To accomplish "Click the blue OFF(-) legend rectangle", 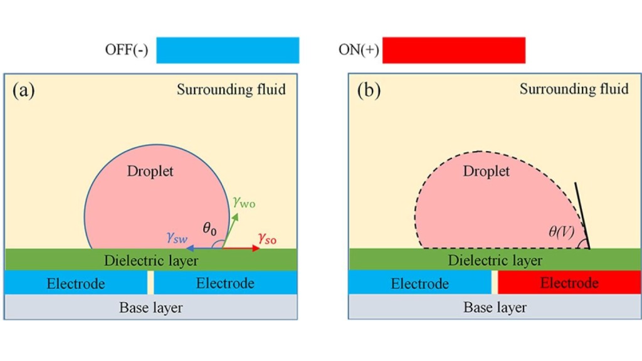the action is [228, 50].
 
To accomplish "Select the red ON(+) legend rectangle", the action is [454, 50].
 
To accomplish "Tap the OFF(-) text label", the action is [127, 50].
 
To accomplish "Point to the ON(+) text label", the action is [359, 50].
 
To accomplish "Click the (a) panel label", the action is [23, 90].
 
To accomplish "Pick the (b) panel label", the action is [369, 90].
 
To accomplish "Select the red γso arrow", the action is [241, 248].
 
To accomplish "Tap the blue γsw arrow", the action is [204, 248].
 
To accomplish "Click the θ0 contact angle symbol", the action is [209, 229].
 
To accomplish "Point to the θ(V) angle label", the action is [561, 232].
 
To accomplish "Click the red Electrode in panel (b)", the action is [569, 283].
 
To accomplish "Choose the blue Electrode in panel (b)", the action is [419, 283].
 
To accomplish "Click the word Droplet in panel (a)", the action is [150, 171].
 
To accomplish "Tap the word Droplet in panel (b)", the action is [486, 171].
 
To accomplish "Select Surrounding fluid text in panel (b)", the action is [574, 89].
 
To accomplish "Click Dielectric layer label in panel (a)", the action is [151, 260].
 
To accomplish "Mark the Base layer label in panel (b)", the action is [495, 307].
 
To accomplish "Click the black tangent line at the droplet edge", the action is [582, 216].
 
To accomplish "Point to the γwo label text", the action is [244, 202].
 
